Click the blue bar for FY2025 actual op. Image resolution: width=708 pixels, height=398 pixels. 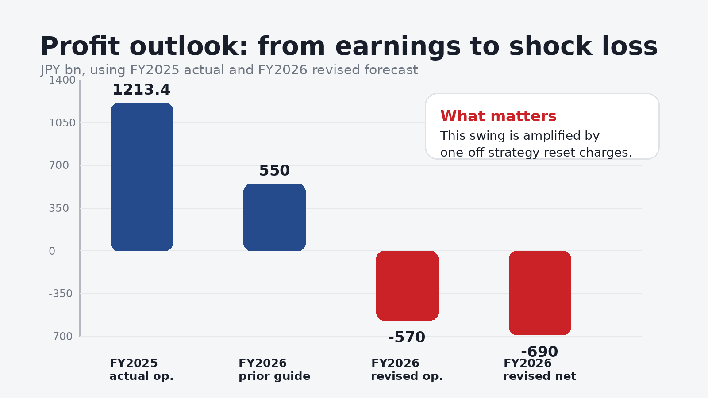point(142,177)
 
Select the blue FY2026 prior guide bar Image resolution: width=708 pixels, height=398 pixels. point(274,217)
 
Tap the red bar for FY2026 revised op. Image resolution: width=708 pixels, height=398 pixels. point(407,285)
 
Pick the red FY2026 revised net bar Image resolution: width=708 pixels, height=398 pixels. point(540,293)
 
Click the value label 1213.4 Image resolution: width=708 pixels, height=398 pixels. point(141,90)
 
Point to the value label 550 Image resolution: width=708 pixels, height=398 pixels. point(274,171)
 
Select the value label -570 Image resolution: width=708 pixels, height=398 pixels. point(407,337)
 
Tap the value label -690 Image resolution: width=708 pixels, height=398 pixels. point(539,352)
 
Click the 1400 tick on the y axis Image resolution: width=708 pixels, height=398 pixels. point(62,80)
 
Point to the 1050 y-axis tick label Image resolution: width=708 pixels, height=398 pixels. point(62,123)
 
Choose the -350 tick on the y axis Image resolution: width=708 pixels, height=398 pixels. point(61,294)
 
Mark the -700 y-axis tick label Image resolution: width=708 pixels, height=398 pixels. point(61,337)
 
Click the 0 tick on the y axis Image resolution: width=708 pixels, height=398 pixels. point(52,251)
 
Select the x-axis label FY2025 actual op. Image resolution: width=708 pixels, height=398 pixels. point(141,370)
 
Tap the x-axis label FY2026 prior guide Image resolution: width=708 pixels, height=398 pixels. point(274,370)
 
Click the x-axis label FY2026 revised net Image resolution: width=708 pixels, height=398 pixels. point(539,370)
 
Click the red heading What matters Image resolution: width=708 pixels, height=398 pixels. point(498,116)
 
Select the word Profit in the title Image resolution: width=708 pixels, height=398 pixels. point(80,46)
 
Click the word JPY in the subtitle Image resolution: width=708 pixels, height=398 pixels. point(50,70)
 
